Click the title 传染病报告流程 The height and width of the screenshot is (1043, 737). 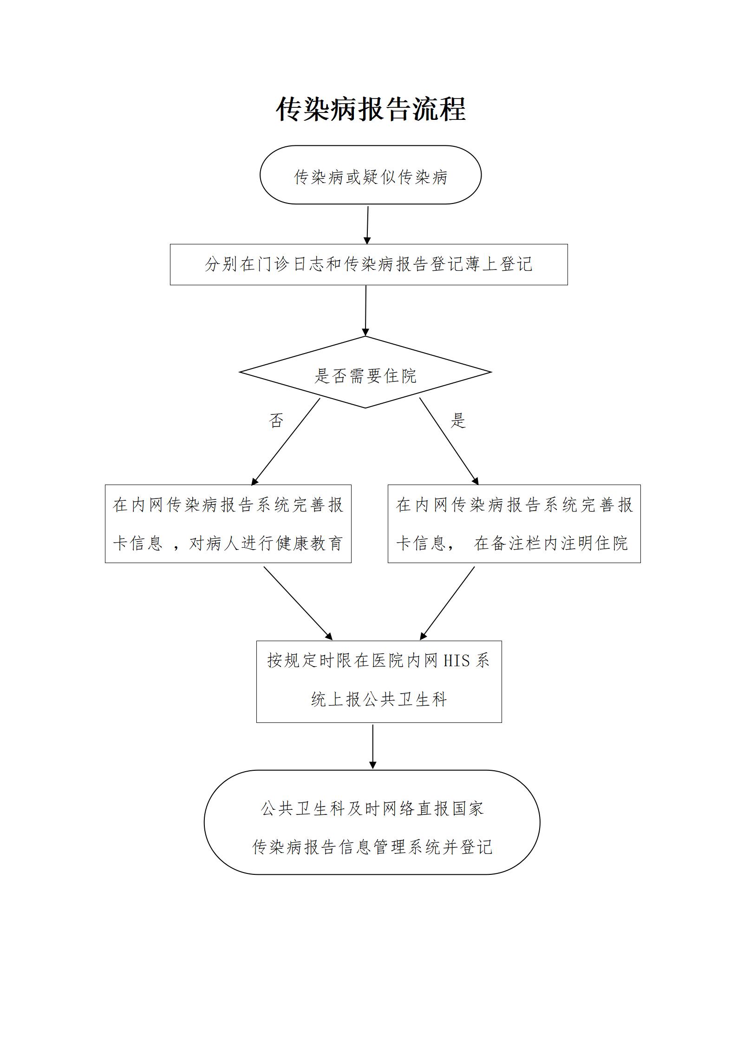pos(371,110)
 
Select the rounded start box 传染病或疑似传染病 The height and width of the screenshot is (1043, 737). pos(370,175)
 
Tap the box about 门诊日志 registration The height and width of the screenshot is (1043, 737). pos(368,264)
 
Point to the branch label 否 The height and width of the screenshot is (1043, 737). pos(276,421)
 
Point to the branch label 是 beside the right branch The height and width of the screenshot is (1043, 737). pos(458,421)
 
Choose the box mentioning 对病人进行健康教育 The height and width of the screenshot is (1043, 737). pos(228,524)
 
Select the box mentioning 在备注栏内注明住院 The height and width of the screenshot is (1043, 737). pos(514,524)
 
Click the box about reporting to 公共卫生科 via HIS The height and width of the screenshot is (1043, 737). pos(378,682)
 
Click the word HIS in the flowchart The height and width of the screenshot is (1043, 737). pos(457,661)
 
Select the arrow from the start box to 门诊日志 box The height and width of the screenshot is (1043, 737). pos(367,225)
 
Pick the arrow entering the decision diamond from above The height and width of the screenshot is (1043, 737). pos(365,310)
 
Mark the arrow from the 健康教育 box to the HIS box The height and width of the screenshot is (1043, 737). pos(298,603)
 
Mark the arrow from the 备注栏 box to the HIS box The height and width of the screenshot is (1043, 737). pos(448,603)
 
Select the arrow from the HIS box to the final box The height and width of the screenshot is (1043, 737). pos(372,747)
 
